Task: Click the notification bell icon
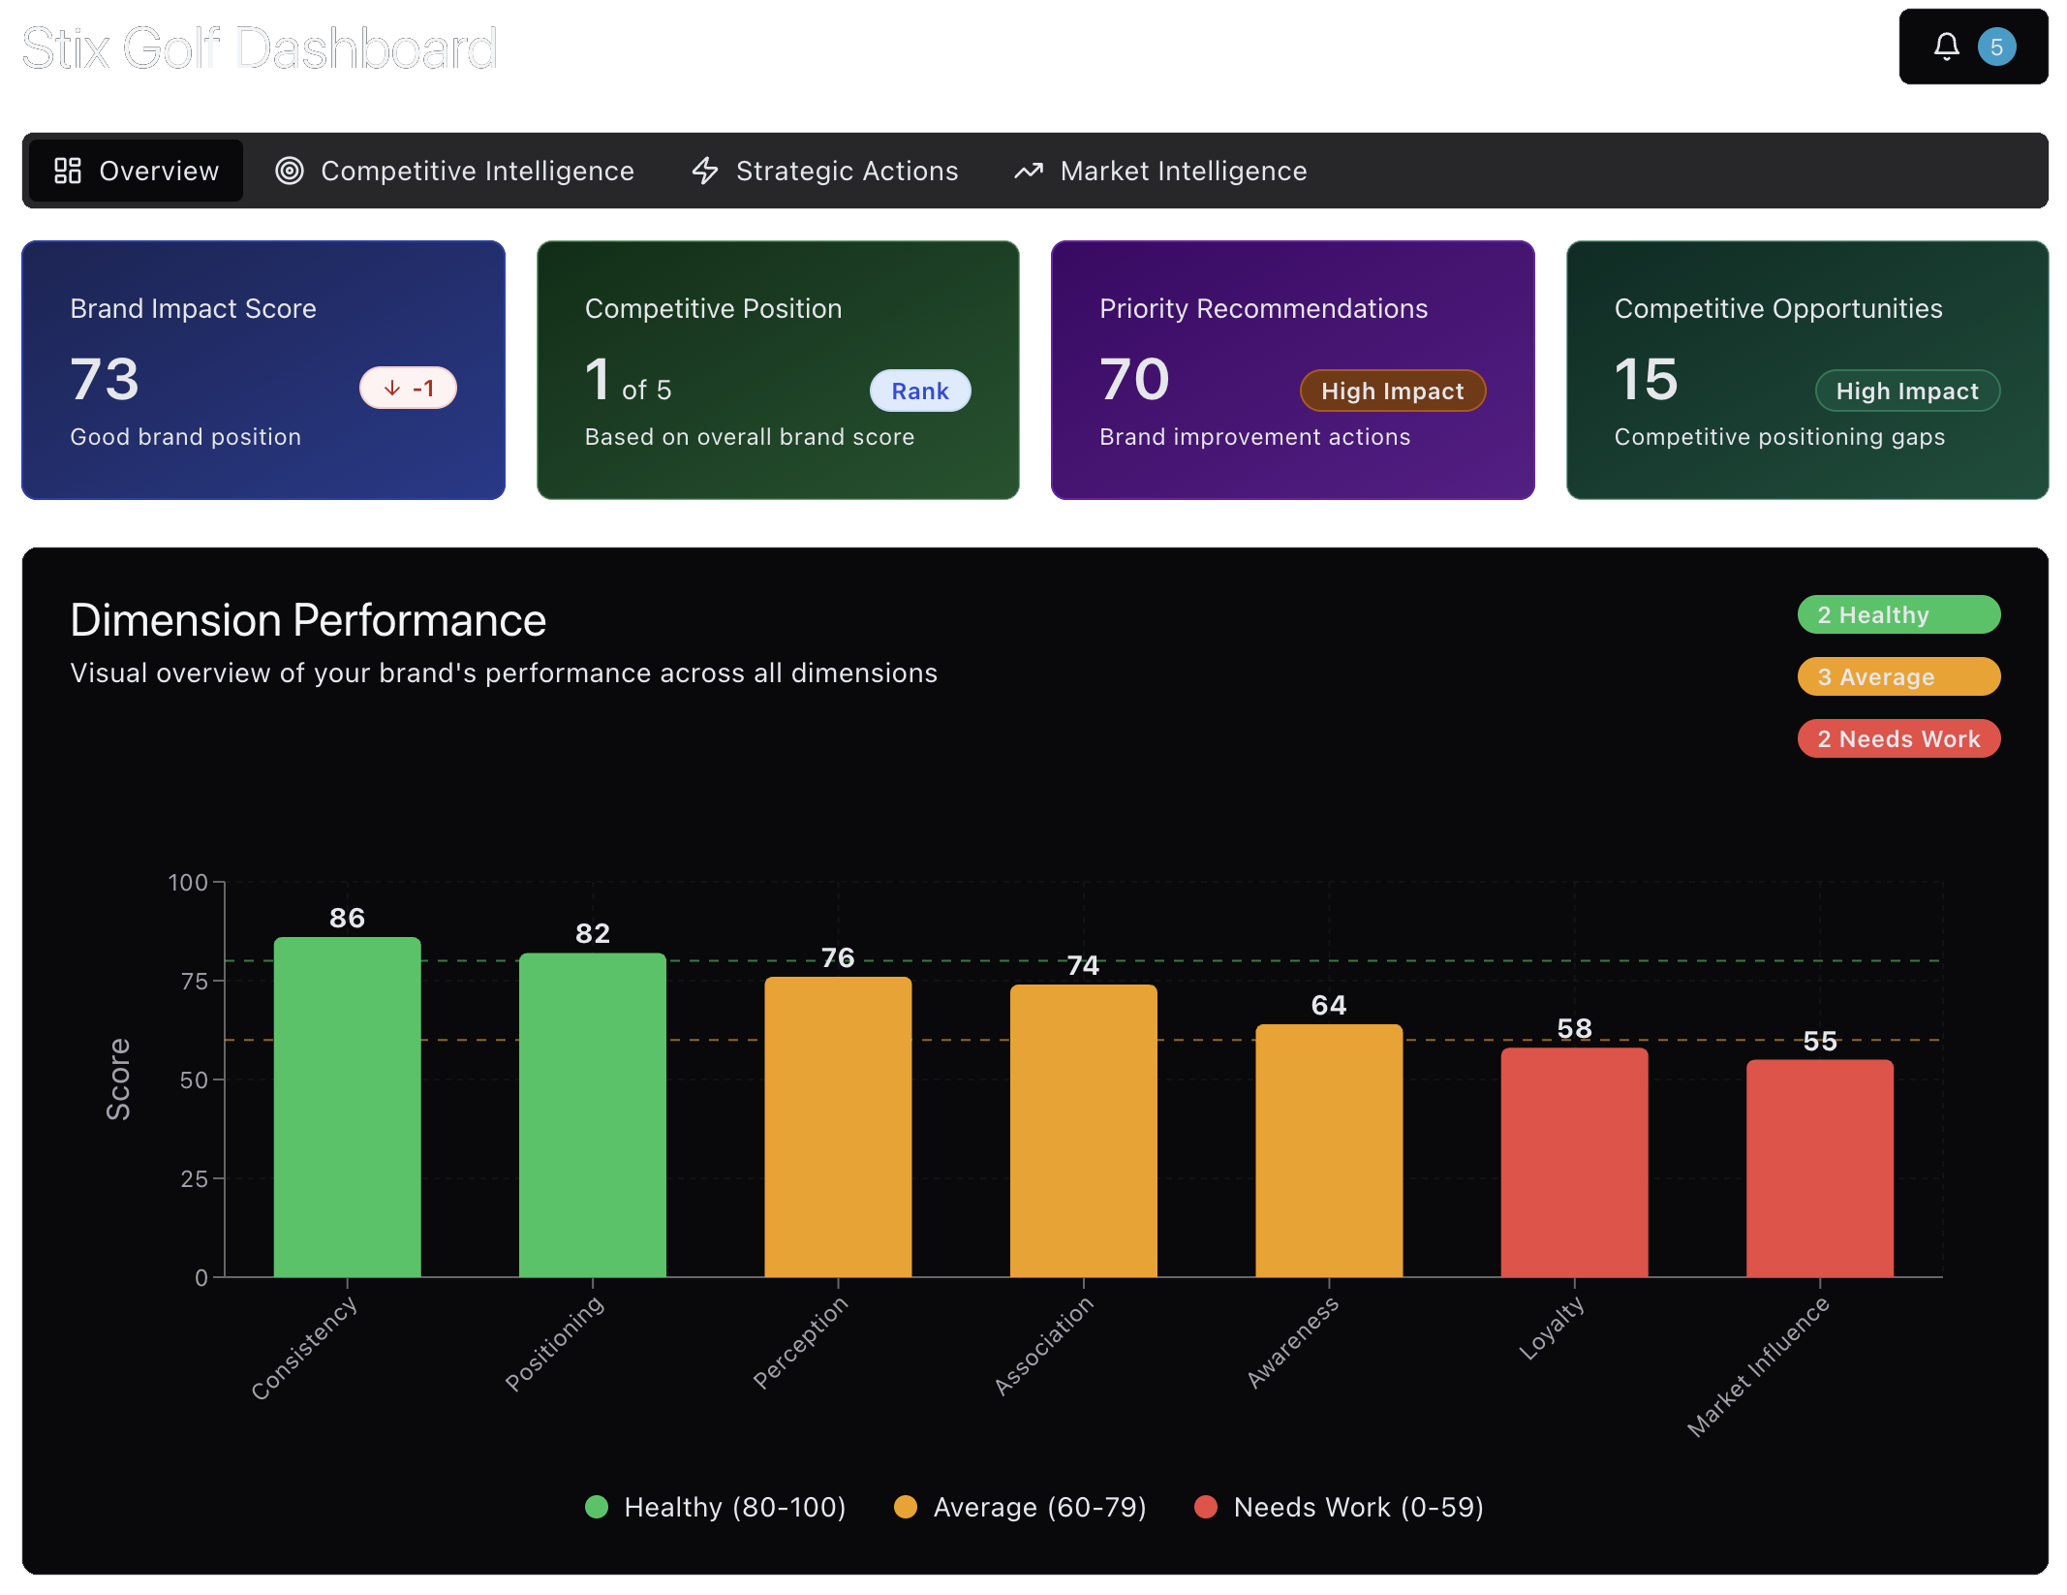coord(1946,47)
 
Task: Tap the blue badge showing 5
coord(1996,47)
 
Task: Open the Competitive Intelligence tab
coord(455,171)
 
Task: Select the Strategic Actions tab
coord(825,171)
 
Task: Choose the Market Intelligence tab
coord(1160,171)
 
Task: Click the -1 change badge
coord(408,389)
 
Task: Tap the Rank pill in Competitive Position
coord(919,391)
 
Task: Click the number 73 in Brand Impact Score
coord(105,379)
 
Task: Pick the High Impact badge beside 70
coord(1392,391)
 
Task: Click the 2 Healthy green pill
coord(1897,614)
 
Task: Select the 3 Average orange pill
coord(1897,676)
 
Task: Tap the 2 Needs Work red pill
coord(1897,738)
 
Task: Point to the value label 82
coord(592,933)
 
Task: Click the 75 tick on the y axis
coord(194,982)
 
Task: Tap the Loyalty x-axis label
coord(1551,1329)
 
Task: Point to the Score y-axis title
coord(118,1079)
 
